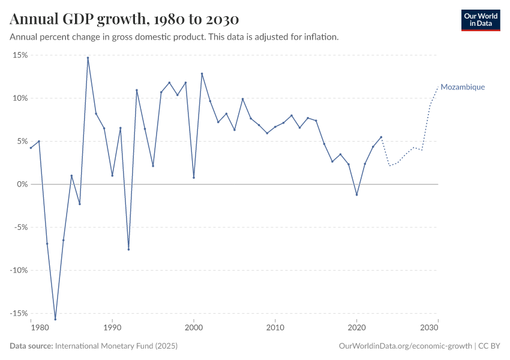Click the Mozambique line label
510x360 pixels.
pos(463,87)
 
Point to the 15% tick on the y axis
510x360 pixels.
pos(20,55)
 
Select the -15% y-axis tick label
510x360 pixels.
pos(19,313)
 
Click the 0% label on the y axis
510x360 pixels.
pos(22,184)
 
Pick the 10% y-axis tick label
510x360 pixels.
pos(20,98)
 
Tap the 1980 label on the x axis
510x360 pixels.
pos(39,328)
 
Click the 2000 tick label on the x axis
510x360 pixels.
pos(194,328)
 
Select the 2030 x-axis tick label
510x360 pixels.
pos(430,328)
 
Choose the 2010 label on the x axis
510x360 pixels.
pos(275,328)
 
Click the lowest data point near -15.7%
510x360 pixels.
pos(55,319)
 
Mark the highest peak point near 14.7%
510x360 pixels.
pos(88,58)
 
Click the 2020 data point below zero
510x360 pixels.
pos(357,194)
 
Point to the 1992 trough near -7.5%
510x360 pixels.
pos(128,249)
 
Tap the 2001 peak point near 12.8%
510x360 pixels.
pos(202,74)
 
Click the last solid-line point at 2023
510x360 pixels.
pos(381,137)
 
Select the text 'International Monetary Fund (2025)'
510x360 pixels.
pos(116,346)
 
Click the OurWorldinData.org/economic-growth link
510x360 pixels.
pos(406,346)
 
